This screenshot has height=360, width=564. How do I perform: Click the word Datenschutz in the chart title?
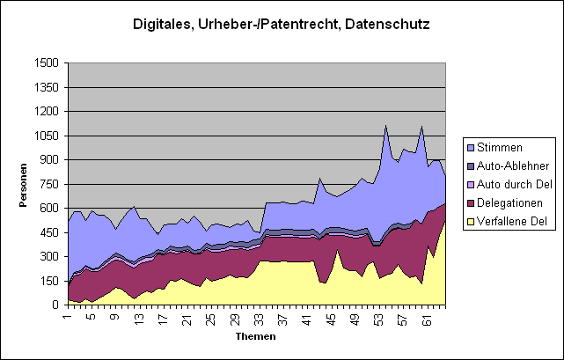tap(386, 24)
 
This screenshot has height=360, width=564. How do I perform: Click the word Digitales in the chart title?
tap(164, 24)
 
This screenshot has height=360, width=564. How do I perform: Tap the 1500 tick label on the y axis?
tap(46, 63)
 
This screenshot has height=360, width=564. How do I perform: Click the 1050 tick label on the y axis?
tap(46, 136)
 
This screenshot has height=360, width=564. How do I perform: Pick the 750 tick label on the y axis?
tap(48, 184)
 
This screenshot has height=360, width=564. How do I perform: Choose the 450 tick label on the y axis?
tap(48, 232)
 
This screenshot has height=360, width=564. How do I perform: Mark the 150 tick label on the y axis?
tap(48, 281)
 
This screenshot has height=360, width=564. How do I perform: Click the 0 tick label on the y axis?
tap(55, 305)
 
